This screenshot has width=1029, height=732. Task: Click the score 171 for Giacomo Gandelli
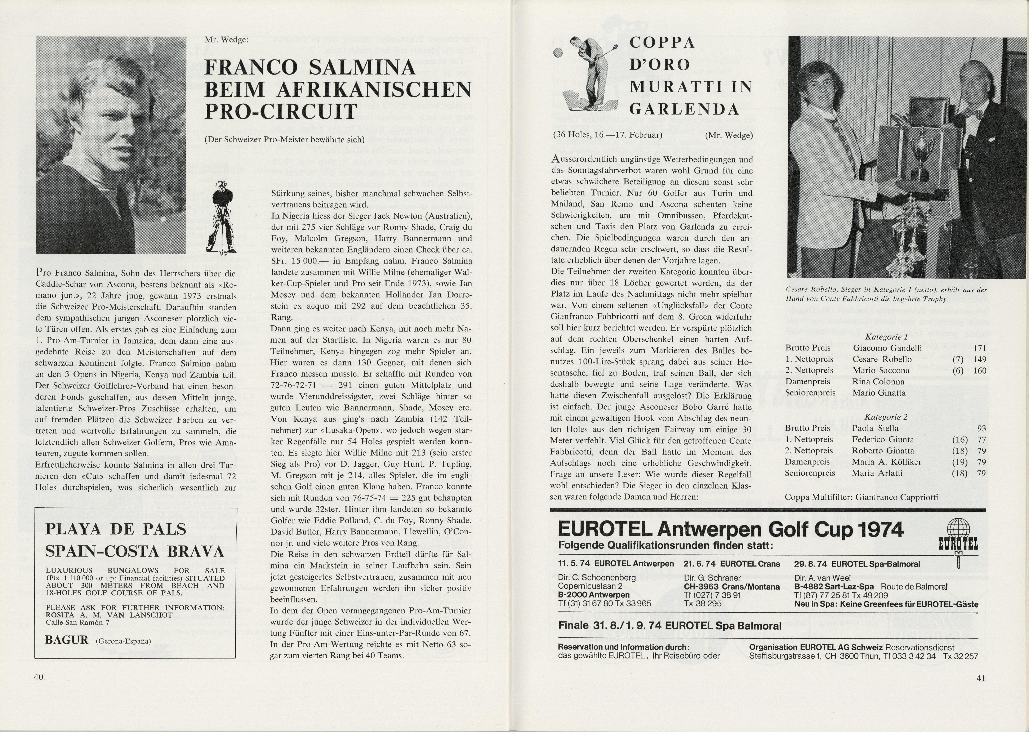tap(979, 348)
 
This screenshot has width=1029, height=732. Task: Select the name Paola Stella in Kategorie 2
tap(875, 428)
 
